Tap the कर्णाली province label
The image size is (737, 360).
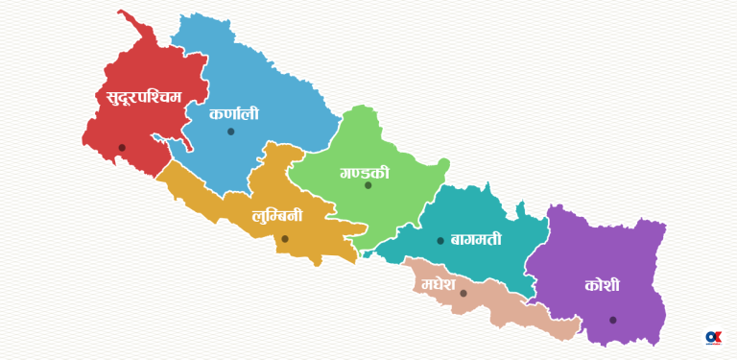(234, 113)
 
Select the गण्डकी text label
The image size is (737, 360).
(365, 173)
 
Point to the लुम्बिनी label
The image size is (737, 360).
(277, 216)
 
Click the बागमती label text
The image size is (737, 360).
(476, 239)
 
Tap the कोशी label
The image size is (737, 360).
(602, 285)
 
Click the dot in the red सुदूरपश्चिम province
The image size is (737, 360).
(122, 148)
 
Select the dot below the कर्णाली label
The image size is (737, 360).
(230, 132)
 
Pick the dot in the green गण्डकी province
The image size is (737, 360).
(368, 185)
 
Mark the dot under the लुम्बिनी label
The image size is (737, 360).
(285, 239)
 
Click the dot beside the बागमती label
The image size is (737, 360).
(440, 241)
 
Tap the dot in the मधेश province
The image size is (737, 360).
(463, 294)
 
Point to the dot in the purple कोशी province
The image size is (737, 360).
(612, 320)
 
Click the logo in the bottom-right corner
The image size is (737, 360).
(713, 338)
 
